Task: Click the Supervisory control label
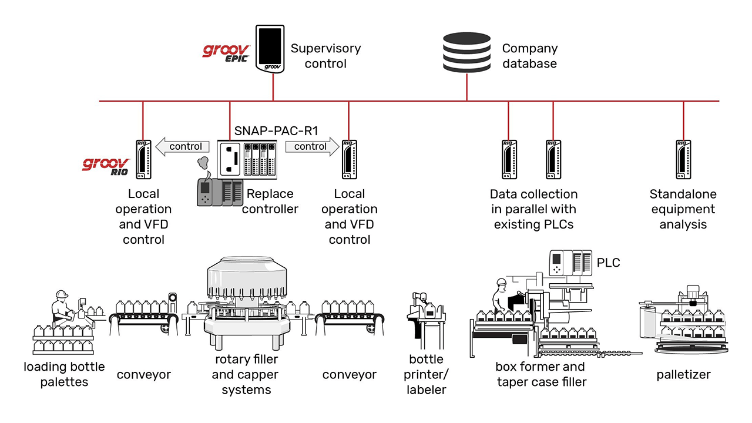click(325, 56)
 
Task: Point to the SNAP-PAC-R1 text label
click(276, 130)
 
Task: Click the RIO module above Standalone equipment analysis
click(683, 159)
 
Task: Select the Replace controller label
click(270, 202)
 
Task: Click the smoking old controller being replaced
click(219, 188)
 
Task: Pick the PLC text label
click(608, 263)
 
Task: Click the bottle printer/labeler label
click(426, 374)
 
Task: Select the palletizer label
click(683, 375)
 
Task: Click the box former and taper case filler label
click(540, 374)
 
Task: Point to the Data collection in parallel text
click(533, 209)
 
